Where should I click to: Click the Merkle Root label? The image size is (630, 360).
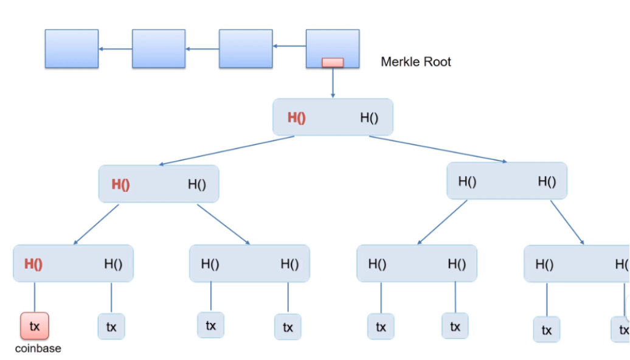tap(416, 61)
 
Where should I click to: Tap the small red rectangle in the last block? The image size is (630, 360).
tap(333, 63)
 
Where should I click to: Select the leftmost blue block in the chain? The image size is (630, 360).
tap(72, 48)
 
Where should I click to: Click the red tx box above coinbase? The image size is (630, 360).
tap(35, 326)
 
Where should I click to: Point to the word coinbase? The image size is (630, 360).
tap(38, 348)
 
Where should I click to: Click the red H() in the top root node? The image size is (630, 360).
tap(296, 117)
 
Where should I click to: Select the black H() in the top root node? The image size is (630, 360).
tap(369, 117)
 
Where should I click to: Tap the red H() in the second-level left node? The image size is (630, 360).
tap(120, 184)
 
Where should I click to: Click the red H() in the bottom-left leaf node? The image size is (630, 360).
tap(33, 263)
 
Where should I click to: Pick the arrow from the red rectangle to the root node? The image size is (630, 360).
tap(333, 82)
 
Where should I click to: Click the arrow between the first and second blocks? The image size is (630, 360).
tap(116, 49)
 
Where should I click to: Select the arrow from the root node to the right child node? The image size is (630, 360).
tap(438, 150)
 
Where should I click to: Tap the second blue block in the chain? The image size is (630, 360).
tap(159, 48)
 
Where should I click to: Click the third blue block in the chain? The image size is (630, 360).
tap(246, 48)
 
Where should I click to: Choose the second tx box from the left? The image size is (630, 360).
tap(111, 326)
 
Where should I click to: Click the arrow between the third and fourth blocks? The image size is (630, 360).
tap(289, 46)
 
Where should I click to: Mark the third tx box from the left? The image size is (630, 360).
tap(210, 325)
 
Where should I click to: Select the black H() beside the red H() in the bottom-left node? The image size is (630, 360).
tap(113, 263)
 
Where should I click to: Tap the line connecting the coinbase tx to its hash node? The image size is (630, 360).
tap(35, 297)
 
